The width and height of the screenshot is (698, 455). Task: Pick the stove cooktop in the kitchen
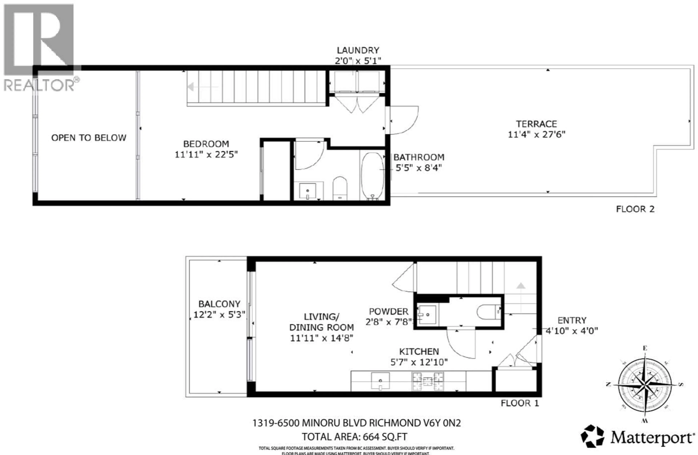[x=428, y=381]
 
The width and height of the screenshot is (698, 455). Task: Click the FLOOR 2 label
[x=635, y=209]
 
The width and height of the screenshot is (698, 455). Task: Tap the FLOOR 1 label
[x=520, y=403]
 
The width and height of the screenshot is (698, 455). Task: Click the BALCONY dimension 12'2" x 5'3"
[x=219, y=315]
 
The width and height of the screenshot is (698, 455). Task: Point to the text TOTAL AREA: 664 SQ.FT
[x=355, y=437]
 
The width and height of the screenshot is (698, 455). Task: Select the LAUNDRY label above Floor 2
[x=358, y=50]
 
